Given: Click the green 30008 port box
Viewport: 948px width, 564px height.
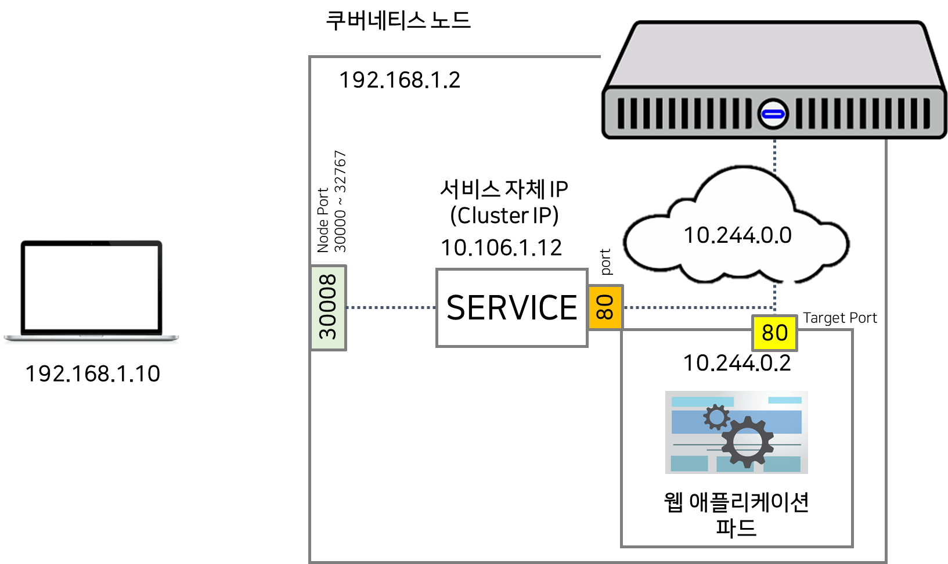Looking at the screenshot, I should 328,307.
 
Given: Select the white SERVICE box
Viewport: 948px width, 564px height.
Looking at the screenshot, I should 511,308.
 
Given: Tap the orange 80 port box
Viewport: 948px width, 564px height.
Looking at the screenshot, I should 605,307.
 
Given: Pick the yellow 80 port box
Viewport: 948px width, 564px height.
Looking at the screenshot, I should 774,333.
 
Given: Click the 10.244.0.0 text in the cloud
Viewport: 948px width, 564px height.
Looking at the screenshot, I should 737,235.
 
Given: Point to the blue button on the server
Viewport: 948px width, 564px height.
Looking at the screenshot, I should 773,113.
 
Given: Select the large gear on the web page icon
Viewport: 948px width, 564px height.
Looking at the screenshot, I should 748,441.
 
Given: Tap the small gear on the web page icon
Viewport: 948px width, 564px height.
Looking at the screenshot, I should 716,416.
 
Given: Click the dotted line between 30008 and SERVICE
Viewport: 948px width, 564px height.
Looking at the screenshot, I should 391,307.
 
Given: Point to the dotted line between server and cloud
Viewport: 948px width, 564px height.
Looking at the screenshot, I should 774,155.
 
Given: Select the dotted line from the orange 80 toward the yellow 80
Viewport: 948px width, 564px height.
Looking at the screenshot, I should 697,307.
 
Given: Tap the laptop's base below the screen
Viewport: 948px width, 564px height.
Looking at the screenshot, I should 91,336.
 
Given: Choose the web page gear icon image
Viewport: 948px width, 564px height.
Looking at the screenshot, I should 736,432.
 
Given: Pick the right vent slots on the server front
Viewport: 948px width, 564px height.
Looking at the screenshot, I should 862,113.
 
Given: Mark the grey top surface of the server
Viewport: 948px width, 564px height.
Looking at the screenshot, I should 773,55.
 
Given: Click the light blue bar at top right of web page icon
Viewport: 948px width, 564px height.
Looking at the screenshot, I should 784,400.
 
